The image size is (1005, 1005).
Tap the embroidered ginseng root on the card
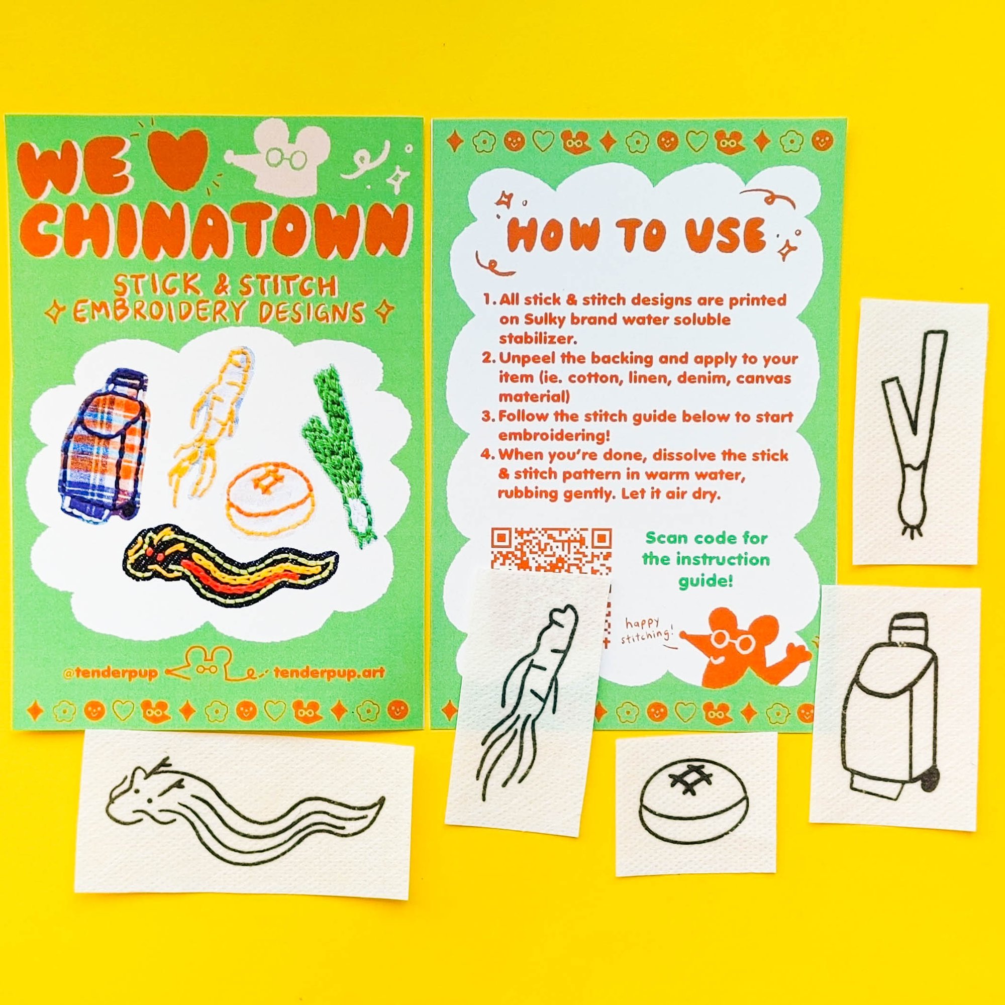211,427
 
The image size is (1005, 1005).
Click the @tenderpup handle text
110,673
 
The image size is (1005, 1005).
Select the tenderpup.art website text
329,673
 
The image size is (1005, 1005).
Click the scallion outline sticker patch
920,432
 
